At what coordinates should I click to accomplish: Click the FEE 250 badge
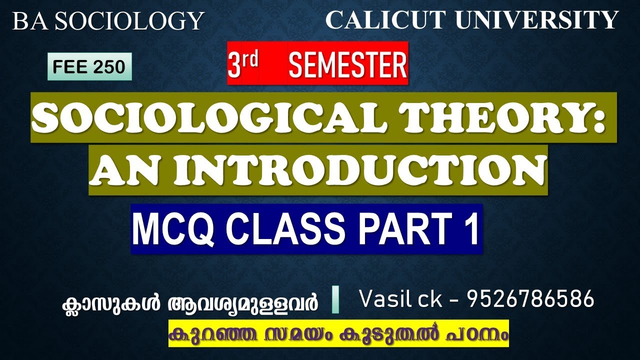point(89,66)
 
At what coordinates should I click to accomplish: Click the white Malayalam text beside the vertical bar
point(189,303)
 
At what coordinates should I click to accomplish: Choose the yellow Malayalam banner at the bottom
point(338,333)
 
